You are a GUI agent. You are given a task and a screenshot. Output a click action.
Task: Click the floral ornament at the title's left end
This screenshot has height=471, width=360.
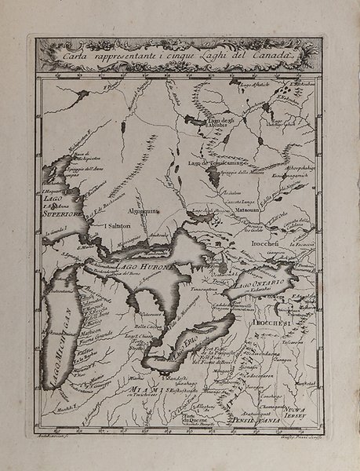47,53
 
